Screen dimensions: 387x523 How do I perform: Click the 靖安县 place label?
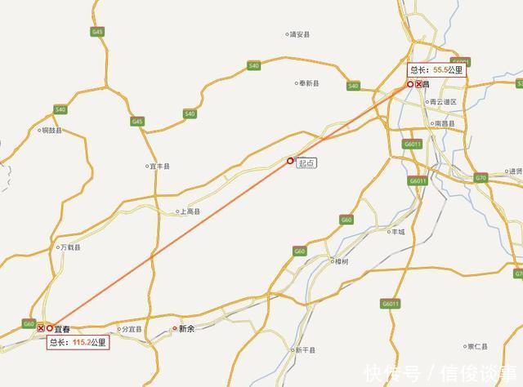[300, 35]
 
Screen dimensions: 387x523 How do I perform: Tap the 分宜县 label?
[130, 330]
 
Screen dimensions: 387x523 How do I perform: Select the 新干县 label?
[305, 350]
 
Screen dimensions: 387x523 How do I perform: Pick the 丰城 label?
[397, 232]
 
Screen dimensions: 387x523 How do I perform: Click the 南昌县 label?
[445, 123]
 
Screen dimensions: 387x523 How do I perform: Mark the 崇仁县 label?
[476, 345]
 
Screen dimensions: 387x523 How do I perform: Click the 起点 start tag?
[306, 162]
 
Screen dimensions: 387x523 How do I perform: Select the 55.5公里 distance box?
[436, 69]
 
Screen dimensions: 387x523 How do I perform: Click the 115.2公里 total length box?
[77, 342]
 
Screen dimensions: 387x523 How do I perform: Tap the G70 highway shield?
[481, 177]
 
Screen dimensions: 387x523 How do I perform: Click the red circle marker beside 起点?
[290, 161]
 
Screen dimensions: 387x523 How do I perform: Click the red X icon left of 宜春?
[41, 328]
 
